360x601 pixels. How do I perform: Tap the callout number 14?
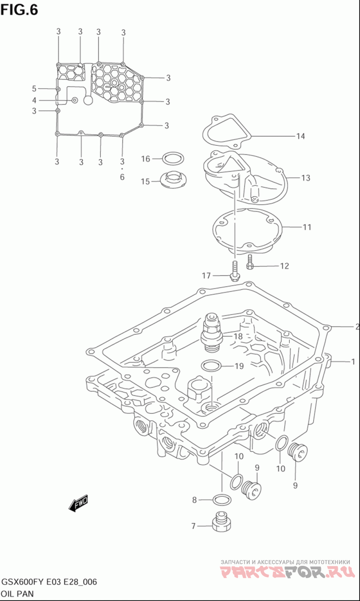pyautogui.click(x=301, y=136)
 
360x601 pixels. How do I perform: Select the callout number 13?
pyautogui.click(x=306, y=178)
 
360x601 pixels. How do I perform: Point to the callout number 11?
pyautogui.click(x=307, y=227)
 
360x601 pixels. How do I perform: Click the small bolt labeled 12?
pyautogui.click(x=249, y=262)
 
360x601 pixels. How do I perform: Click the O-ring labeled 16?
pyautogui.click(x=173, y=158)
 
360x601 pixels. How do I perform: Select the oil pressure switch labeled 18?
pyautogui.click(x=211, y=332)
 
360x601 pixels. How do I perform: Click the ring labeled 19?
pyautogui.click(x=211, y=366)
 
